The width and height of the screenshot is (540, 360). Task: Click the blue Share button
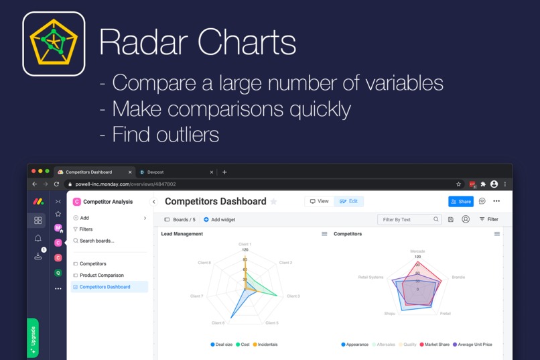pyautogui.click(x=460, y=201)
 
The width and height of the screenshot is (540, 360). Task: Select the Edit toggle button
pyautogui.click(x=348, y=201)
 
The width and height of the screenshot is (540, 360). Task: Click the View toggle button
pyautogui.click(x=319, y=201)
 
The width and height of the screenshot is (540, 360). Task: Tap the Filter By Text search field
pyautogui.click(x=406, y=219)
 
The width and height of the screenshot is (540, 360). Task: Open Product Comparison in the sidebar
pyautogui.click(x=101, y=276)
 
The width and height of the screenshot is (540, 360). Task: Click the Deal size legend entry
pyautogui.click(x=222, y=345)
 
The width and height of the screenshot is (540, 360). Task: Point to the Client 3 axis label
pyautogui.click(x=293, y=296)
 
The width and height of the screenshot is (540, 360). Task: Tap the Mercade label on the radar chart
pyautogui.click(x=417, y=251)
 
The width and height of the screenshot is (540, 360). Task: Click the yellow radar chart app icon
pyautogui.click(x=54, y=44)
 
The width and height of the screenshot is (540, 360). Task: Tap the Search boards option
pyautogui.click(x=96, y=241)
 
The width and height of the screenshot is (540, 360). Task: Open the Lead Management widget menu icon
pyautogui.click(x=324, y=234)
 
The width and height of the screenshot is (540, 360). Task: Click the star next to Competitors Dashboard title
pyautogui.click(x=273, y=202)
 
